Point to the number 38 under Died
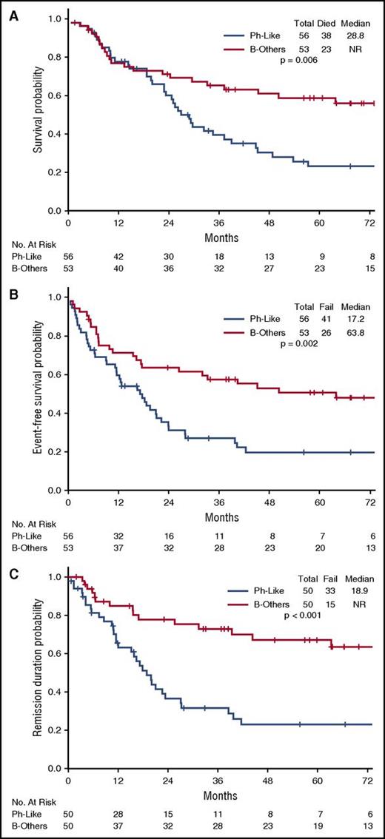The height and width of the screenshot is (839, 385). point(327,35)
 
